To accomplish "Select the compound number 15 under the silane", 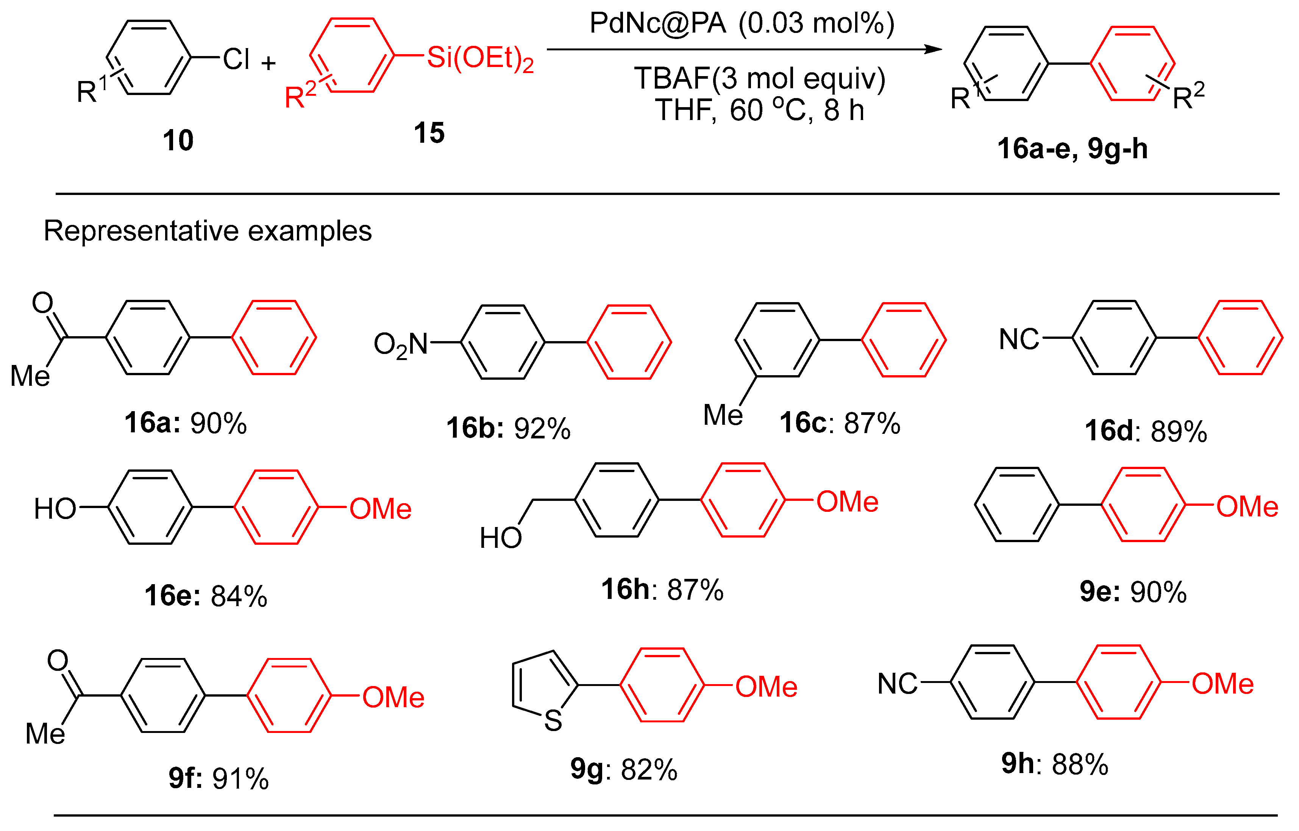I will tap(429, 133).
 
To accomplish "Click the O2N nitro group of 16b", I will tap(400, 344).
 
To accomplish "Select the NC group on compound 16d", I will tap(1018, 340).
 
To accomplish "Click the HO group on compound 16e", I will tap(55, 509).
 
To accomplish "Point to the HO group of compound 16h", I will tap(500, 538).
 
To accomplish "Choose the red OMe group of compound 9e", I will tap(1247, 506).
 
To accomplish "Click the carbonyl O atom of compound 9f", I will tap(58, 660).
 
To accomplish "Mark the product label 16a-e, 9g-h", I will tap(1072, 148).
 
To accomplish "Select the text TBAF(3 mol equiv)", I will tap(759, 78).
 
